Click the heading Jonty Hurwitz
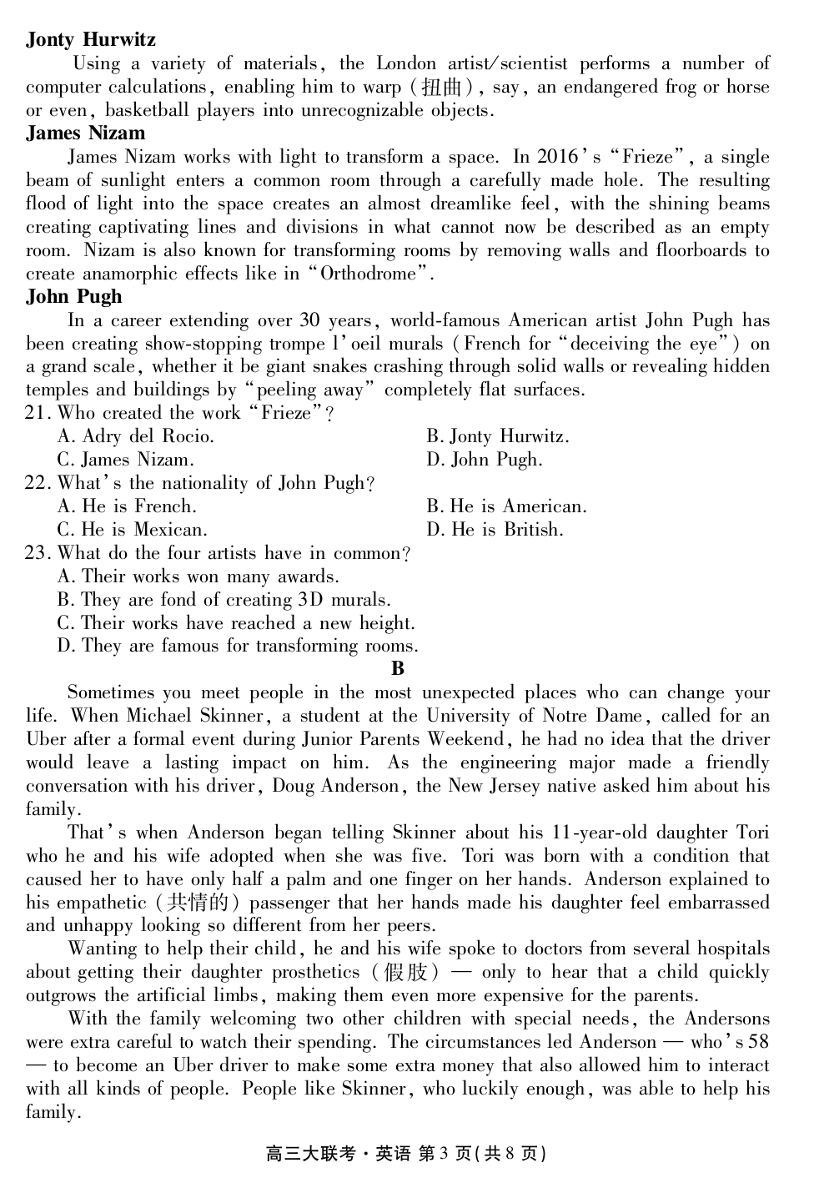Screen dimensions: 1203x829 coord(91,39)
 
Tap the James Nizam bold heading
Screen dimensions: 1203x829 coord(85,133)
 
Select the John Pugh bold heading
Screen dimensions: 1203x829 coord(73,296)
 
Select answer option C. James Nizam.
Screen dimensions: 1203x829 coord(126,460)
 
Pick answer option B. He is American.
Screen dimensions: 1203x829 coord(506,506)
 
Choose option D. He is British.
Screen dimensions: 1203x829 coord(495,530)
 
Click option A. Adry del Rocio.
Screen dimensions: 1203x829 coord(136,436)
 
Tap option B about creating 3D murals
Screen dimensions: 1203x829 coord(224,600)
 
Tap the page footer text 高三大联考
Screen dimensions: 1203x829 coord(310,1154)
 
